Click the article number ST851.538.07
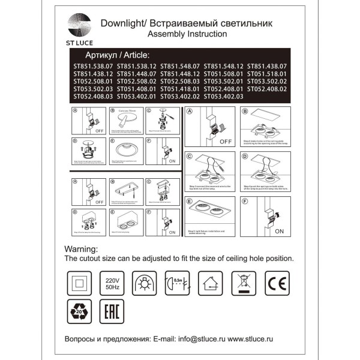pyautogui.click(x=92, y=66)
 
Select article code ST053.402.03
pyautogui.click(x=224, y=96)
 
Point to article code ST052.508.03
pyautogui.click(x=180, y=81)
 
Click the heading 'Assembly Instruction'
pyautogui.click(x=187, y=35)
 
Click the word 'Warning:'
pyautogui.click(x=84, y=248)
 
